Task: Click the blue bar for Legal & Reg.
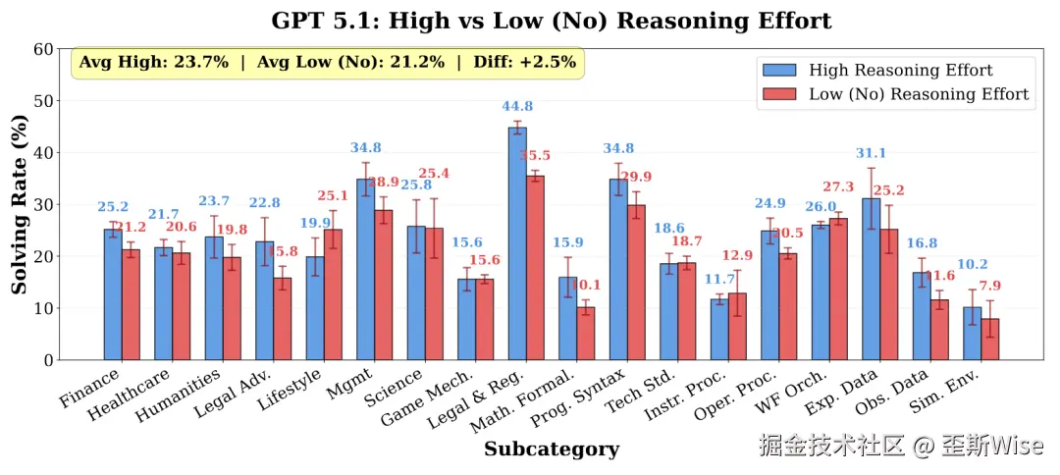[x=517, y=243]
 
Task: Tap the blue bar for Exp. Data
[x=871, y=279]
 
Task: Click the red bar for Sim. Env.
[x=989, y=339]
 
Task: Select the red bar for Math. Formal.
[x=585, y=334]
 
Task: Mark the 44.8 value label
[x=517, y=107]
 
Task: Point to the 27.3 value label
[x=840, y=187]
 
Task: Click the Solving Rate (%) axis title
[x=20, y=204]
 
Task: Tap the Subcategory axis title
[x=551, y=449]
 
